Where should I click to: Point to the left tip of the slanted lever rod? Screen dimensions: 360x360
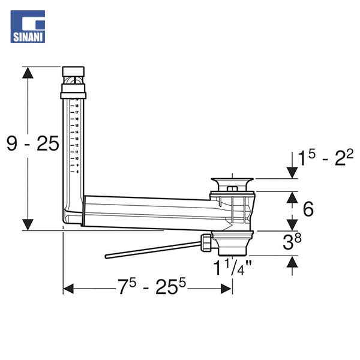107,256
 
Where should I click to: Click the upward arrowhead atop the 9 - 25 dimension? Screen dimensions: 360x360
27,73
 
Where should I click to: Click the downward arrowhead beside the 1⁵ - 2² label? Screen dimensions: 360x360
292,173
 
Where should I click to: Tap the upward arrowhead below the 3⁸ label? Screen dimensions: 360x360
292,262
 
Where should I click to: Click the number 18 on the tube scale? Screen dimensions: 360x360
77,106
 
